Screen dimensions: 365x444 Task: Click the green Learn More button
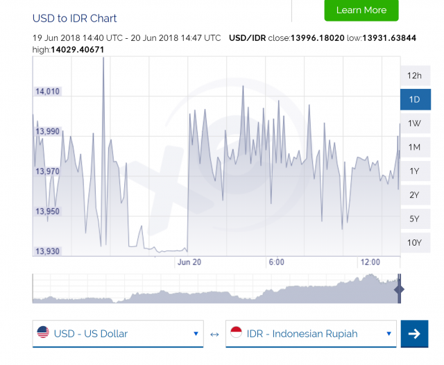click(x=361, y=10)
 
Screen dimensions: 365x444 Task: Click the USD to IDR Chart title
click(x=75, y=18)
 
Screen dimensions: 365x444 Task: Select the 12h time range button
click(x=415, y=76)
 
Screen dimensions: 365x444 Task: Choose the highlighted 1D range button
click(x=415, y=99)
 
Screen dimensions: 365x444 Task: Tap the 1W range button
click(x=415, y=124)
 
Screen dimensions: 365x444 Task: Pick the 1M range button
click(x=415, y=147)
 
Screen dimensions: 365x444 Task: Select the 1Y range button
click(x=415, y=171)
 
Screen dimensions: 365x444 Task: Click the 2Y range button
click(x=415, y=195)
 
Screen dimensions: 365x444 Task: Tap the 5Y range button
click(x=415, y=219)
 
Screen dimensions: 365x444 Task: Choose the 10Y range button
click(x=415, y=242)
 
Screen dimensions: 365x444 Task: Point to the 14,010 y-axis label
click(x=48, y=91)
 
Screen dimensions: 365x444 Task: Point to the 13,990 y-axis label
click(x=48, y=131)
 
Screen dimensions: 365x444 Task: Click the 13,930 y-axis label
click(x=48, y=251)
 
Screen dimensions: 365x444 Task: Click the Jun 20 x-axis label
click(x=189, y=262)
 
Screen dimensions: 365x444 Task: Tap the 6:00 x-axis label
click(x=276, y=262)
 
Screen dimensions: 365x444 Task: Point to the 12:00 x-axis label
click(x=370, y=262)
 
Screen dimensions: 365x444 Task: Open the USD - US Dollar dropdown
click(x=118, y=334)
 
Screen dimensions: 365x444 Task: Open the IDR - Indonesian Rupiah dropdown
click(x=311, y=334)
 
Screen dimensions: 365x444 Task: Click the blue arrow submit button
click(x=414, y=334)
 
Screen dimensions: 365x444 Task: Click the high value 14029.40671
click(x=78, y=49)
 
